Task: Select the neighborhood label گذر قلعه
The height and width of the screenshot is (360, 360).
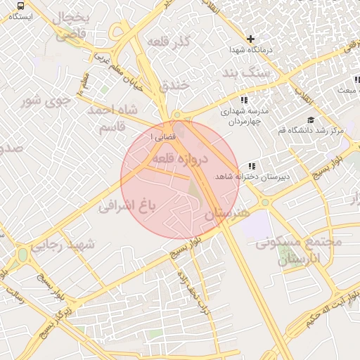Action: click(x=169, y=42)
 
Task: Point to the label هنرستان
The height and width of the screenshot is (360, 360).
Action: click(x=226, y=212)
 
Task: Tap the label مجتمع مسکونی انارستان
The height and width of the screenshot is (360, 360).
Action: click(x=299, y=250)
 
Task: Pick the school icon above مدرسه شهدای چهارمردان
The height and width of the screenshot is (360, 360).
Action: click(x=243, y=100)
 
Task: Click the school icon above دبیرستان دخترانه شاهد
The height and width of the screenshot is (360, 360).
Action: click(x=251, y=166)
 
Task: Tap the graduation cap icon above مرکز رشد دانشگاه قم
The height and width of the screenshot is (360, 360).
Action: click(x=311, y=119)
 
